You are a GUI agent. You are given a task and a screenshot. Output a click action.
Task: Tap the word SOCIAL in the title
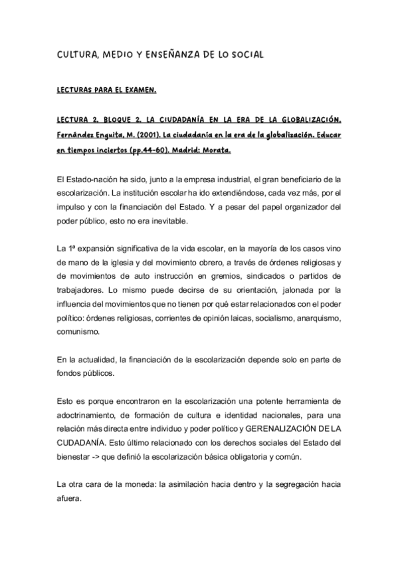[x=245, y=53]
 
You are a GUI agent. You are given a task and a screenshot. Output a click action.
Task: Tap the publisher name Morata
[x=216, y=150]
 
